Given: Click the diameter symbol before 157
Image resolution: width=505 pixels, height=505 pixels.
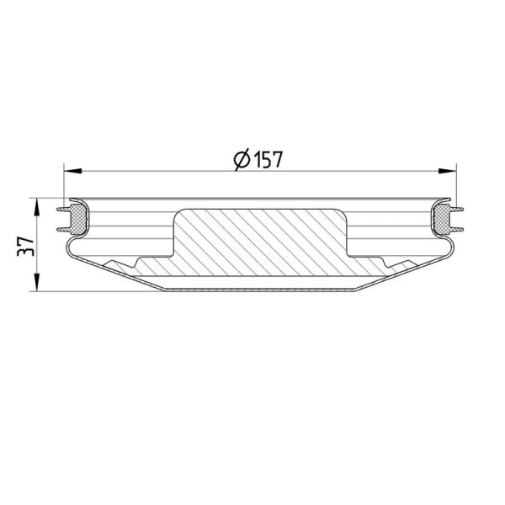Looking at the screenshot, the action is [242, 159].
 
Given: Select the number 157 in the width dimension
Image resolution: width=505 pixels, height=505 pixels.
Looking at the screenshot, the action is [268, 159].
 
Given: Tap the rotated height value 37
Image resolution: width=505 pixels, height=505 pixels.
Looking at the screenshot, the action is [25, 247].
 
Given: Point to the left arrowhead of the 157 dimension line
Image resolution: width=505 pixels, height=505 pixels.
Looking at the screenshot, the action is [72, 171].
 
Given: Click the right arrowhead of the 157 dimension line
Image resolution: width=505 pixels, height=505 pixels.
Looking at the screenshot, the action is [448, 171].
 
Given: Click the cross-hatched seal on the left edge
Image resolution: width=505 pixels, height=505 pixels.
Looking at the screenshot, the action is [78, 220].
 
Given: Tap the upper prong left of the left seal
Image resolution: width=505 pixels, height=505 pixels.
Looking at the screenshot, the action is [64, 210].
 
